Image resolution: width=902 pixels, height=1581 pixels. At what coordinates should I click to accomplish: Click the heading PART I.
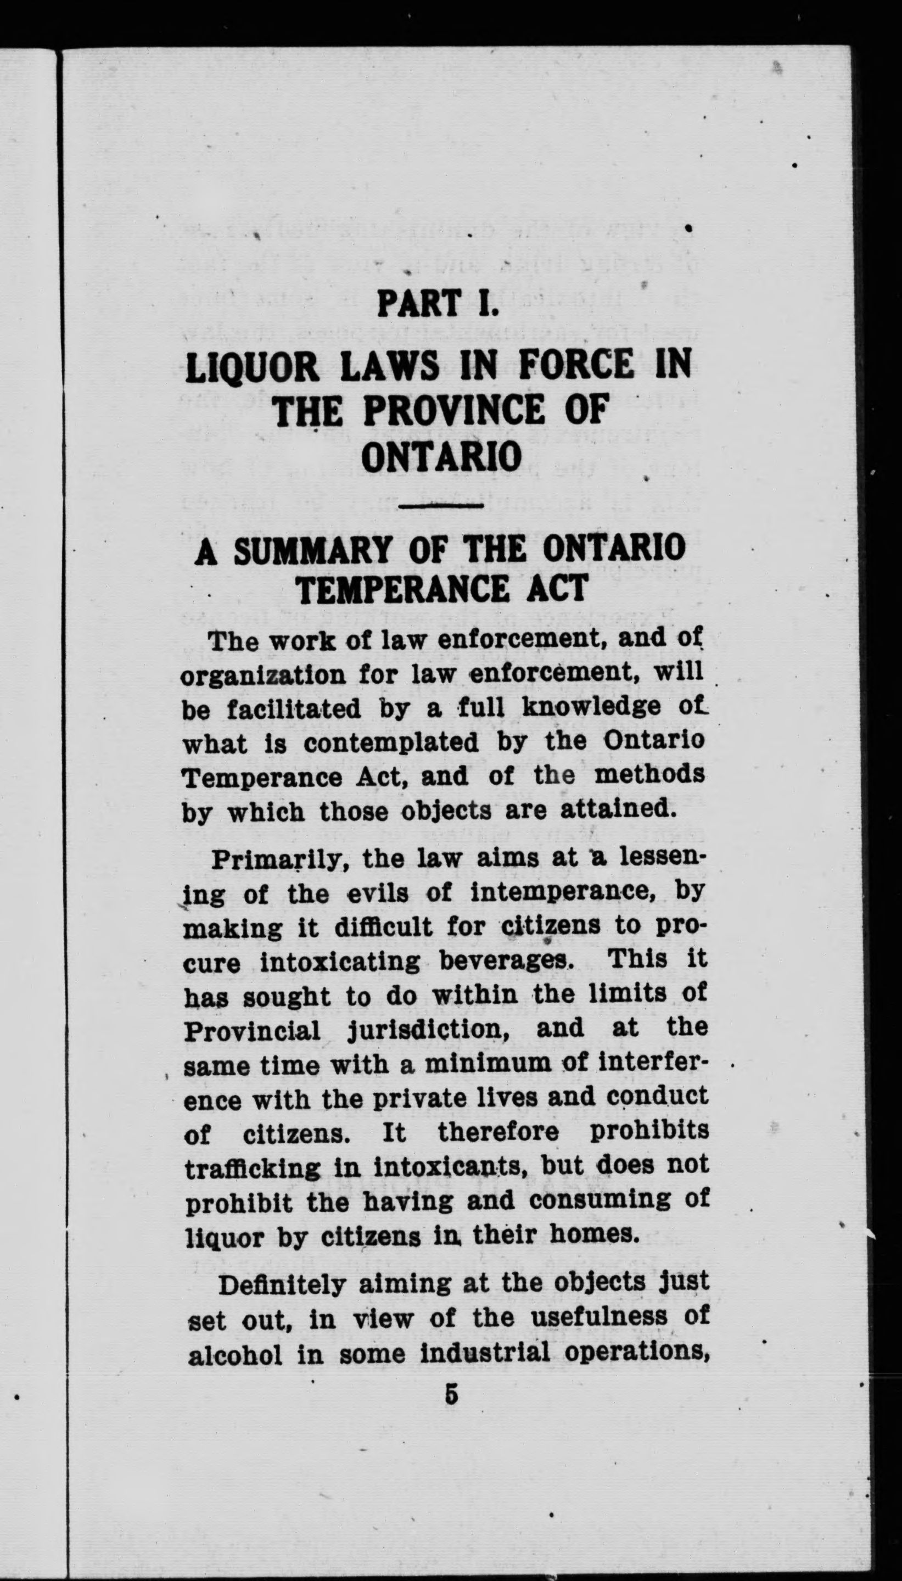point(438,304)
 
